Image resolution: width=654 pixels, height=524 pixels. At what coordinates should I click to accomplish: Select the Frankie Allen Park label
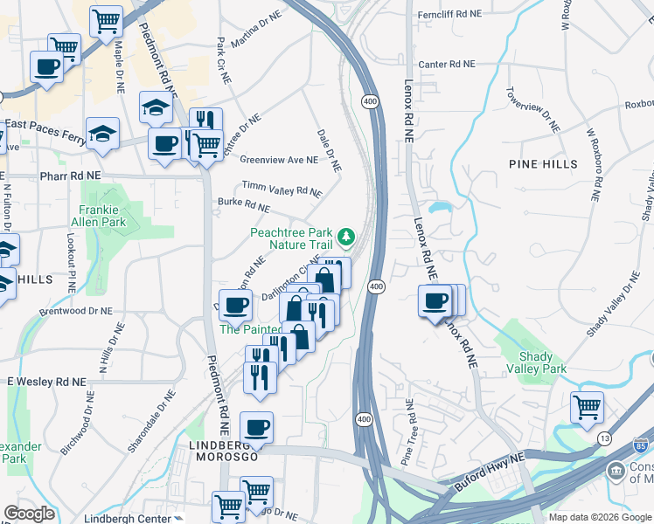102,216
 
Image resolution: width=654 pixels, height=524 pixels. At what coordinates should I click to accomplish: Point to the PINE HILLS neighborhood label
543,164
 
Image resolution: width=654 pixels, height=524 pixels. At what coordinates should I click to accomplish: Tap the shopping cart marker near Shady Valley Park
587,406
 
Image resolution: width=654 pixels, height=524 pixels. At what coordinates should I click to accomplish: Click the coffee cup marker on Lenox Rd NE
435,301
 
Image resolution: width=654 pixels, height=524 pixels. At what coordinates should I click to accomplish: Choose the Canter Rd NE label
446,65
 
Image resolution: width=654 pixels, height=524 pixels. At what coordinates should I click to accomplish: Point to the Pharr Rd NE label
71,176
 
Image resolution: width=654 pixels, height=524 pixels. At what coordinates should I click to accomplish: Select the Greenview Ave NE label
279,160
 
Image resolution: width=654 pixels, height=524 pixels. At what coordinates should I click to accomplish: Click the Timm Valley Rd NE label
282,189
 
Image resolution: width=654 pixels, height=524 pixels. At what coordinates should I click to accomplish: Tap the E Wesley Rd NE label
46,383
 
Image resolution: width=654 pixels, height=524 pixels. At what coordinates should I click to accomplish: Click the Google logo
29,514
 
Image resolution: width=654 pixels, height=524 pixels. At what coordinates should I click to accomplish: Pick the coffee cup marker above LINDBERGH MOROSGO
256,427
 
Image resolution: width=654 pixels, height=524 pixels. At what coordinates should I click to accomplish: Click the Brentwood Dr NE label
75,310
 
